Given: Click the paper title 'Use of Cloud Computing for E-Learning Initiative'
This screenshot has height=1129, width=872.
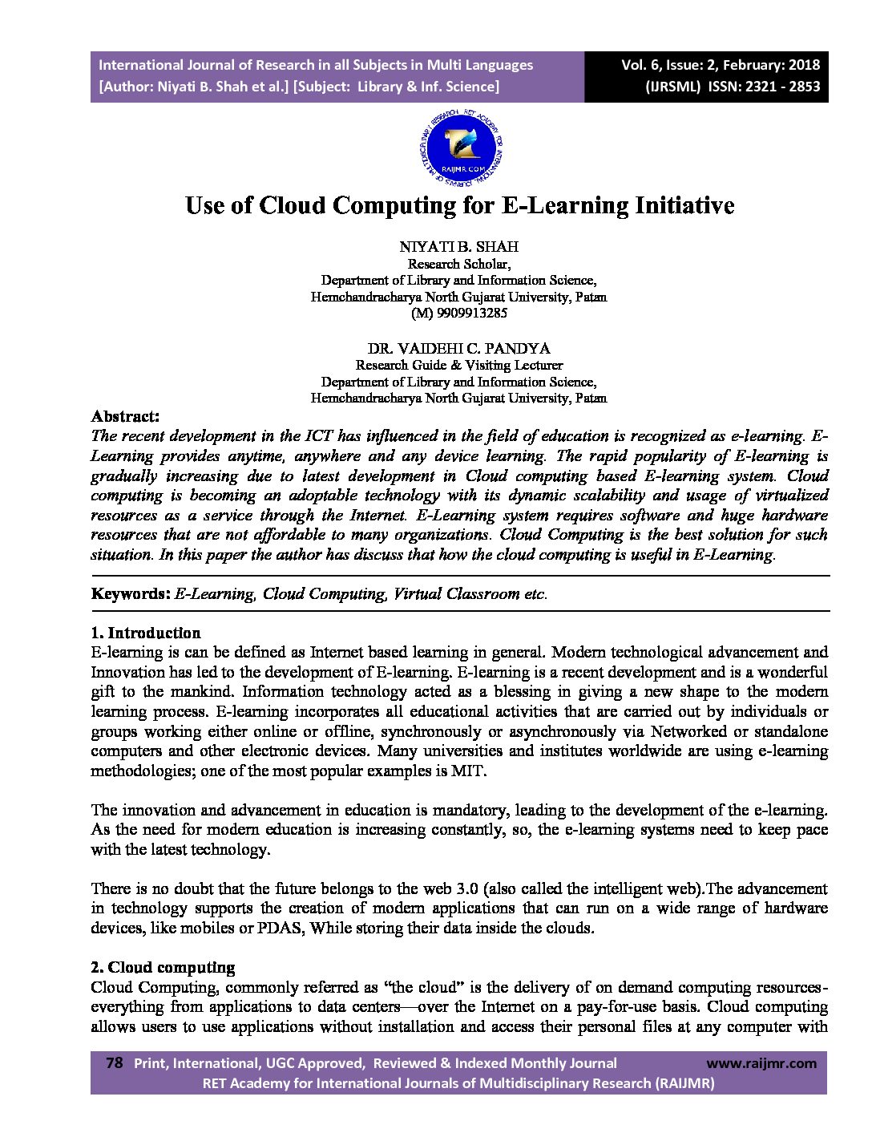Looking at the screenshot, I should pos(459,205).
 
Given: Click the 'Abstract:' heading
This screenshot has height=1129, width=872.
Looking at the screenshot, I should pos(125,416).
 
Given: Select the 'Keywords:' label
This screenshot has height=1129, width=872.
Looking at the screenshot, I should pos(130,594).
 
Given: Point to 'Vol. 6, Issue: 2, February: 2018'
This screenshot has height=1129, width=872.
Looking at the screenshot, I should pos(721,65).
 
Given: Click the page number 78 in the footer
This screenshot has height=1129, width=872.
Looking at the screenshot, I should pos(114,1063).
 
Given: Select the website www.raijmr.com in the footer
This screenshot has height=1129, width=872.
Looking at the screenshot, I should pos(761,1063).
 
